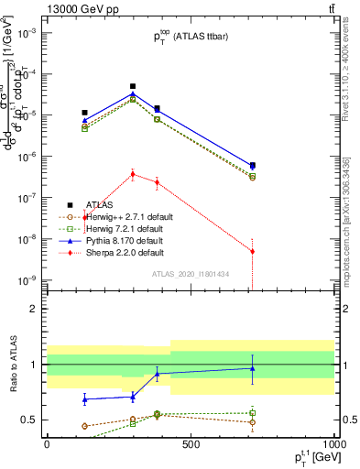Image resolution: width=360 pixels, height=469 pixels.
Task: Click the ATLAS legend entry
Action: (100, 204)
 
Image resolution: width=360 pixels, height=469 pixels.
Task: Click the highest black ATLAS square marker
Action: (133, 86)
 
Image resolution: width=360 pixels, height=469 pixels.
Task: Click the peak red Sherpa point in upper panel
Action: (133, 173)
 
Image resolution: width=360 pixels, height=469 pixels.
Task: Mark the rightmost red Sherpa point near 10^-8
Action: (253, 251)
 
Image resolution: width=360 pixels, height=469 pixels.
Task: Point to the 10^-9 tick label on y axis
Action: (27, 280)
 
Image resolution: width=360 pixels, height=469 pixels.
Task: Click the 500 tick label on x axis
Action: (191, 444)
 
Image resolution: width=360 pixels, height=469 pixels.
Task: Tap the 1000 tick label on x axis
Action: (333, 444)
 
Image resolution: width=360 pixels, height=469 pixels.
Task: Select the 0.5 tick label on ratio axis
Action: (31, 420)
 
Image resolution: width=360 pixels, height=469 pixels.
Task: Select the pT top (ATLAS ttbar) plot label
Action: (191, 38)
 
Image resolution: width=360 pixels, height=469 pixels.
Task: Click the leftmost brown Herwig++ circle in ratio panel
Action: (85, 426)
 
